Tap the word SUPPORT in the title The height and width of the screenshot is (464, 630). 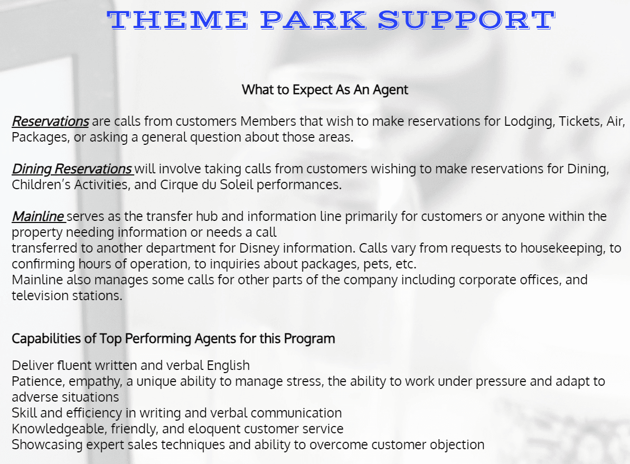(x=467, y=20)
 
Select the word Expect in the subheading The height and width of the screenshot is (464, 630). (x=312, y=90)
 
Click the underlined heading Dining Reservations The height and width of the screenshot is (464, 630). (x=72, y=169)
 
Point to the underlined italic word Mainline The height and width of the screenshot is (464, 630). (x=38, y=216)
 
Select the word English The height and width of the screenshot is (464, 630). (x=228, y=366)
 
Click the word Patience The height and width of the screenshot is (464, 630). (x=39, y=381)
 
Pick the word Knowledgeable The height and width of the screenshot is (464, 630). (x=60, y=429)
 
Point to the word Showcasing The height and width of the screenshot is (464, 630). (x=48, y=444)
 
